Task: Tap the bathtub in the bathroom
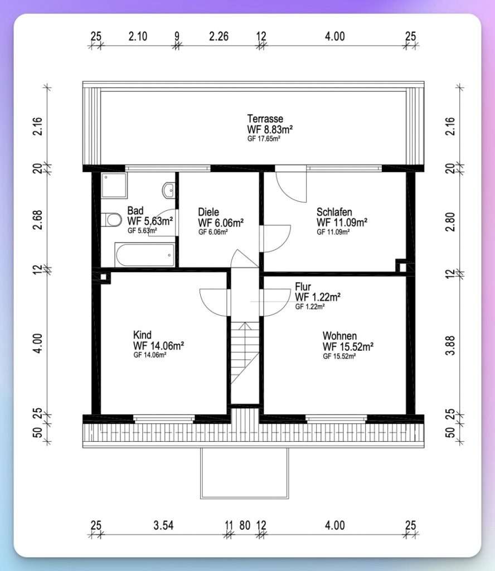tap(145, 254)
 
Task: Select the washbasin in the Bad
tap(168, 190)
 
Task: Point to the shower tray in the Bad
tap(114, 185)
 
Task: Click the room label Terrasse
tap(265, 119)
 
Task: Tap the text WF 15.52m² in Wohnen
tap(348, 346)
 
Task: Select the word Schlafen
tap(334, 212)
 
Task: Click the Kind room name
tap(142, 335)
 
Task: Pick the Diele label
tap(208, 212)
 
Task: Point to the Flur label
tap(303, 287)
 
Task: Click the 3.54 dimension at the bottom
tap(163, 525)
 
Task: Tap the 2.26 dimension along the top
tap(219, 36)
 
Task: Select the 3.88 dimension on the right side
tap(450, 345)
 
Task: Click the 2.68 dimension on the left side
tap(37, 220)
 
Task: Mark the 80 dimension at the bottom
tap(245, 525)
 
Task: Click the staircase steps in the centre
tap(245, 352)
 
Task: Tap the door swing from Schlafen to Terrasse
tap(291, 186)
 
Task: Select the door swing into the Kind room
tap(215, 303)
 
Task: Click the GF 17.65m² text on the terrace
tap(264, 139)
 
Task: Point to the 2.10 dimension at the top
tap(138, 36)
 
